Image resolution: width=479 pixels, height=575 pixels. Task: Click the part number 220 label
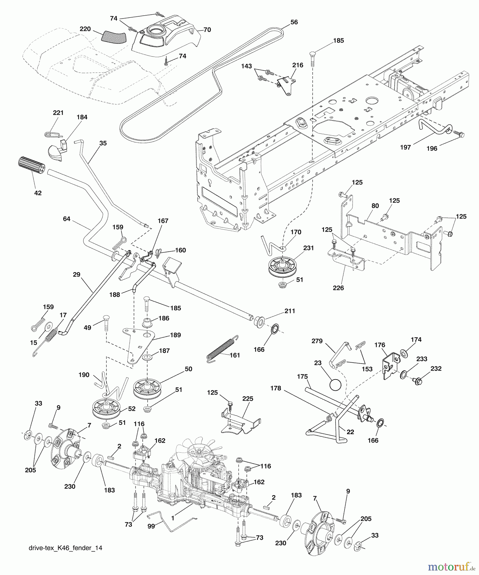(x=85, y=29)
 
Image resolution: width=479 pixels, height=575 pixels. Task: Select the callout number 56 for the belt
(x=294, y=22)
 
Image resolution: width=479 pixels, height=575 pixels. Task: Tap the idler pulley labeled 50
(x=148, y=387)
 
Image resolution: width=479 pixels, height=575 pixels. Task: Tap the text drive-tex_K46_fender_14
(x=65, y=548)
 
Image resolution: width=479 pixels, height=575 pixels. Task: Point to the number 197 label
(x=405, y=147)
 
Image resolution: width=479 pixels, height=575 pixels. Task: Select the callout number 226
(x=338, y=287)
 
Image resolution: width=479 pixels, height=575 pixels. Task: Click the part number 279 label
(x=317, y=341)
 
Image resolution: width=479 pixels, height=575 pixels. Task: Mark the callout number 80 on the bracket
(x=375, y=206)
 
